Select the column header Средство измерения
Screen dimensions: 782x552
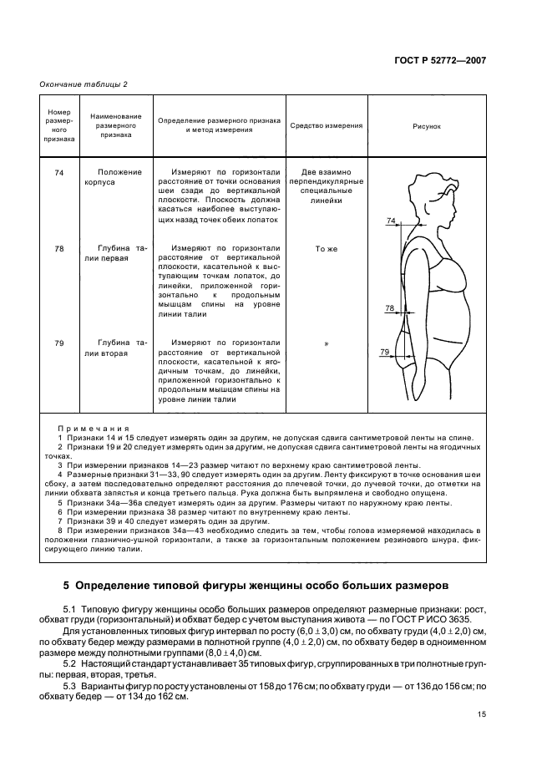(326, 126)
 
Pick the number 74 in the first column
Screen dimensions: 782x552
(59, 172)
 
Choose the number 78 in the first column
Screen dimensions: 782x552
(59, 249)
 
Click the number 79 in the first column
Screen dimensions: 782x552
(59, 343)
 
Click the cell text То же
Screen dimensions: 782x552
(326, 249)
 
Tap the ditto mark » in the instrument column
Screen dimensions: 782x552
(326, 343)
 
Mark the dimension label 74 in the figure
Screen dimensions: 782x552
(391, 220)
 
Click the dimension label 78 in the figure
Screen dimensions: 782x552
(389, 308)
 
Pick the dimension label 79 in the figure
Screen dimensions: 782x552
(384, 352)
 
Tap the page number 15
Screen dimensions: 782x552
(482, 713)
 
